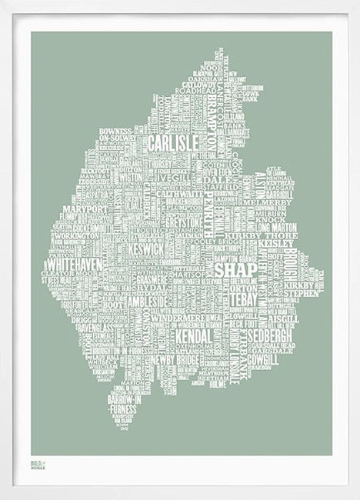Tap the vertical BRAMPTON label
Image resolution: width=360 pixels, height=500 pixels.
[x=209, y=139]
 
